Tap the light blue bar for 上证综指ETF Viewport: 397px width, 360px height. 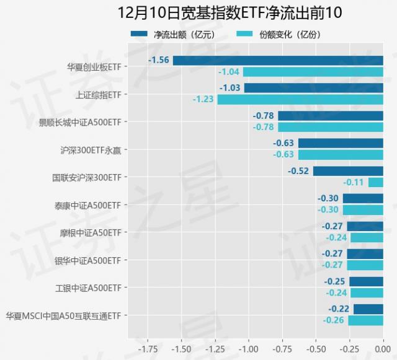tap(300, 99)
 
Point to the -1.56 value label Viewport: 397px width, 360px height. tap(159, 60)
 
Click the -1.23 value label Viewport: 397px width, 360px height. tap(203, 99)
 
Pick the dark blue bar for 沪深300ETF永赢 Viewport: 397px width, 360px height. tap(341, 143)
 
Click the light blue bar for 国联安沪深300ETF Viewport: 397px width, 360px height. tap(376, 182)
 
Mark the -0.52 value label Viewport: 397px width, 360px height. tap(299, 171)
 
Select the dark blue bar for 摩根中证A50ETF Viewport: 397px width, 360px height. tap(365, 226)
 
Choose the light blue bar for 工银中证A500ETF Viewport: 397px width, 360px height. tap(367, 293)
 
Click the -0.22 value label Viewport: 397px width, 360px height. tap(339, 309)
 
